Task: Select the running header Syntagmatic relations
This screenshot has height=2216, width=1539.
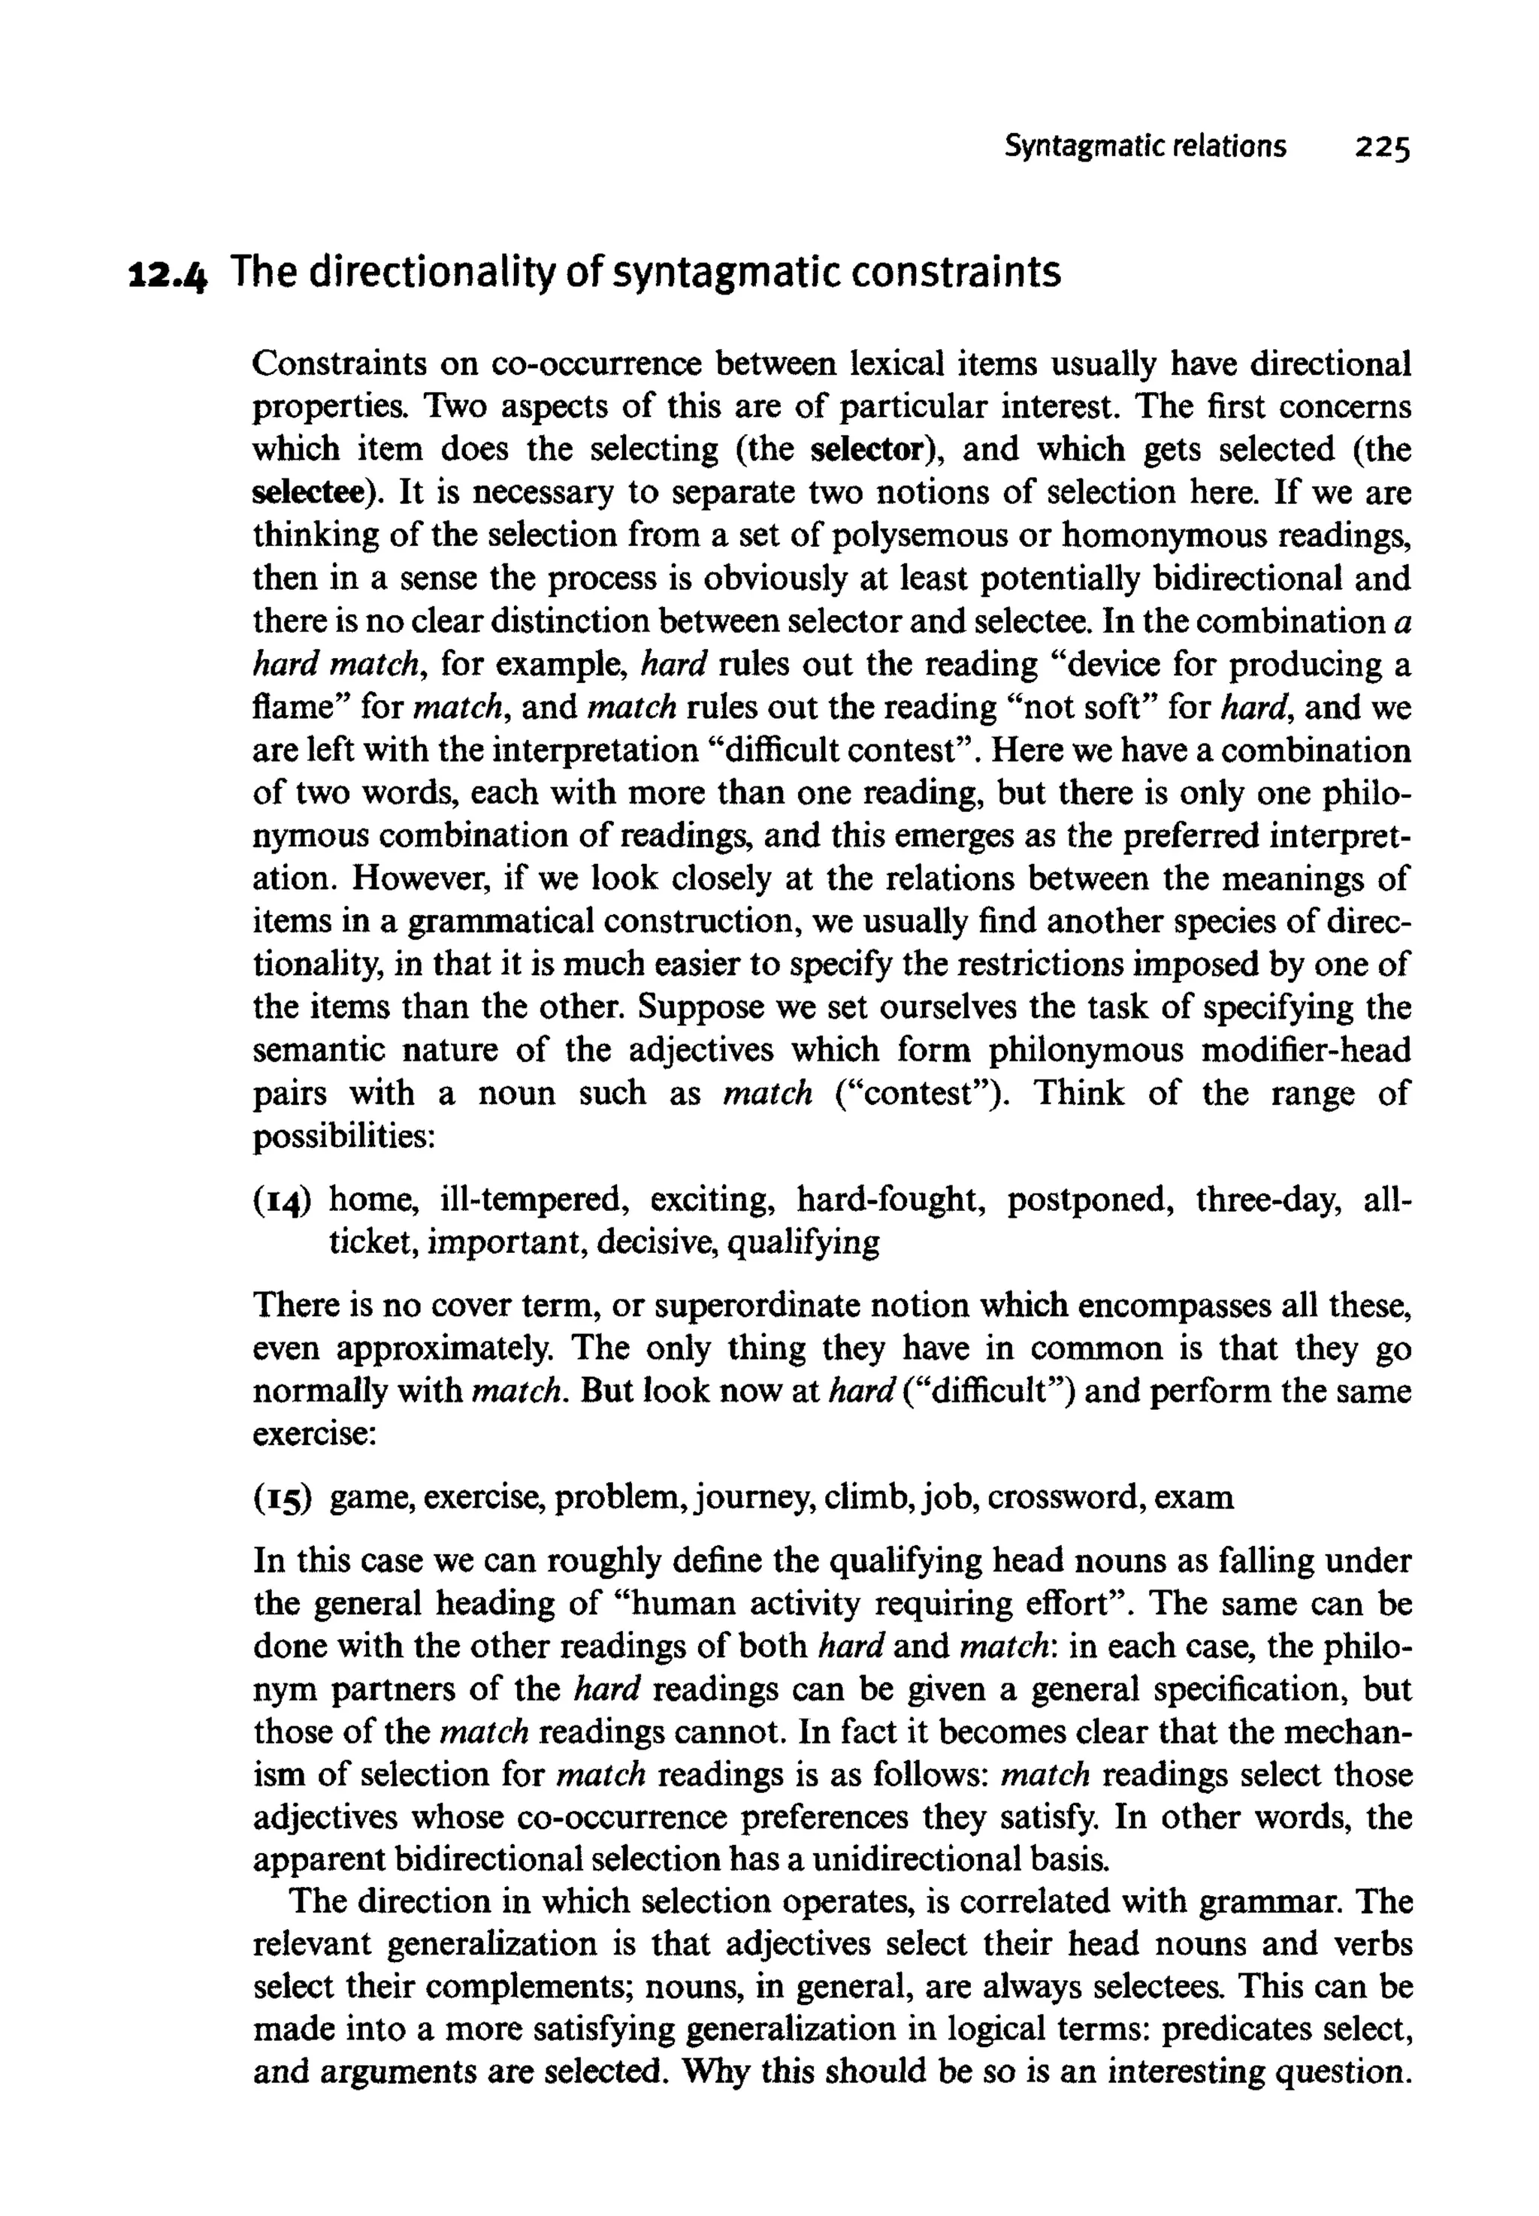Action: [1144, 146]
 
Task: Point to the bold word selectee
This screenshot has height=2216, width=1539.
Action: [310, 493]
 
